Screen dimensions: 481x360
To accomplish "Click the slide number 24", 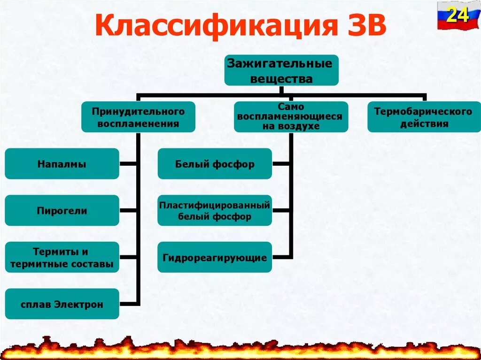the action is pyautogui.click(x=457, y=15).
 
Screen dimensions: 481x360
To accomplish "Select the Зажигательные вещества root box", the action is pyautogui.click(x=281, y=70).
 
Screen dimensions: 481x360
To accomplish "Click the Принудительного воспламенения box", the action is pyautogui.click(x=138, y=117).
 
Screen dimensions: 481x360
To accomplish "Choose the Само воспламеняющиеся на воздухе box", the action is pyautogui.click(x=291, y=116).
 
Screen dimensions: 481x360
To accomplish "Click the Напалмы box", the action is pyautogui.click(x=62, y=164).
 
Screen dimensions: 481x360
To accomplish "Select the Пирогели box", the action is pyautogui.click(x=62, y=210).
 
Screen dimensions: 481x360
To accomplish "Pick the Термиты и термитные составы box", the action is pyautogui.click(x=62, y=257).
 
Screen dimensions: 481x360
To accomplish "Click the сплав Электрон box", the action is pyautogui.click(x=62, y=304).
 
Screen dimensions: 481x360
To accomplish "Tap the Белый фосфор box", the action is pyautogui.click(x=215, y=164).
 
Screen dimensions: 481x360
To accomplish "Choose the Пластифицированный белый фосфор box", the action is pyautogui.click(x=215, y=210).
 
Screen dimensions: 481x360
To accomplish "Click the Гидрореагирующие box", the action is pyautogui.click(x=215, y=257).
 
